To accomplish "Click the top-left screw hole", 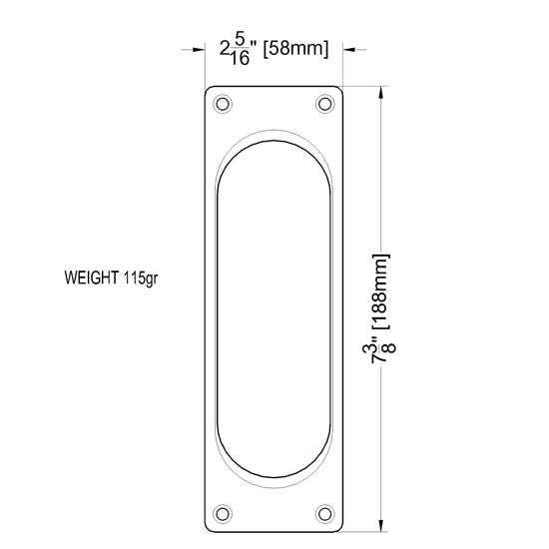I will click(x=223, y=104).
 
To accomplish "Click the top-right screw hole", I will click(x=323, y=104).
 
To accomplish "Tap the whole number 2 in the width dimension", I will click(x=225, y=48).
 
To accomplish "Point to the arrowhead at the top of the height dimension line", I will click(x=381, y=92).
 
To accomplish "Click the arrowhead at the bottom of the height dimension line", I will click(x=381, y=527).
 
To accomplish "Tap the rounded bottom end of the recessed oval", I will click(x=273, y=474).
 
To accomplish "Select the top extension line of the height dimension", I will click(x=369, y=86).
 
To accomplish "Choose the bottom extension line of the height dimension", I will click(x=369, y=532).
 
